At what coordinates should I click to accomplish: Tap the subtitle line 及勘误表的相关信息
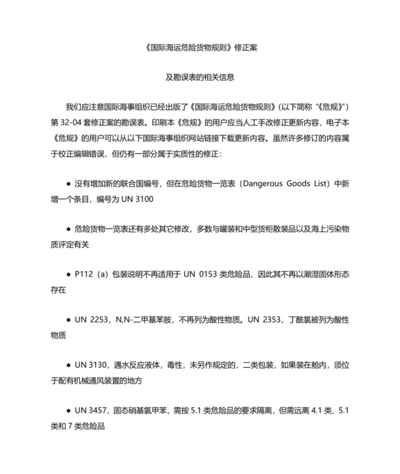point(200,76)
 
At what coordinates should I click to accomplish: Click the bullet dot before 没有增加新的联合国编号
point(67,181)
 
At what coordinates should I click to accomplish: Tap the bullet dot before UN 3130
point(67,366)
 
